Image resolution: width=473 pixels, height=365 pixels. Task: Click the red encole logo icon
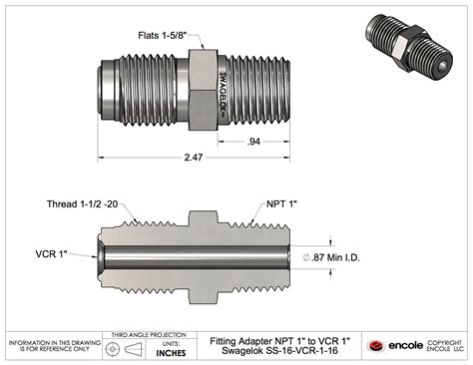point(376,345)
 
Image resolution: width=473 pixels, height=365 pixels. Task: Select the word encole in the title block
point(405,345)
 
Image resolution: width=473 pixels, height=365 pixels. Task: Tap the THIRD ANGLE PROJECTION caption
point(150,334)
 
